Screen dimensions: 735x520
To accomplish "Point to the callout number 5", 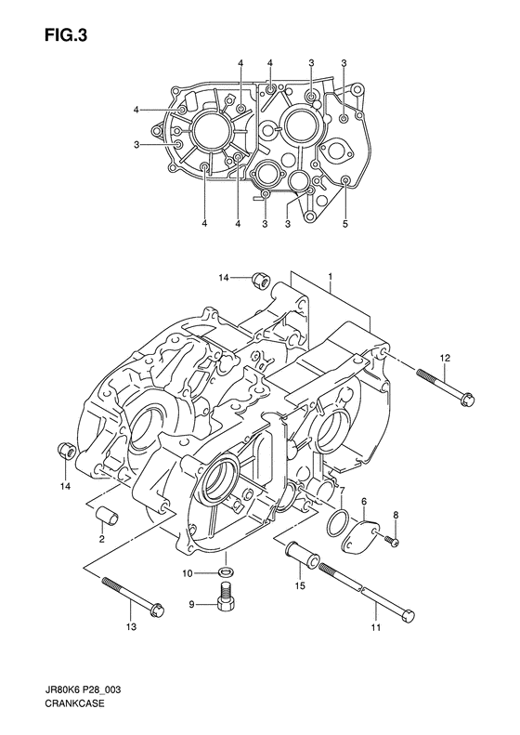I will (x=345, y=223).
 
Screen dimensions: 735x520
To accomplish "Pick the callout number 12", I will (x=444, y=358).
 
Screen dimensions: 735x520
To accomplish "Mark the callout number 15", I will (x=299, y=586).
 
